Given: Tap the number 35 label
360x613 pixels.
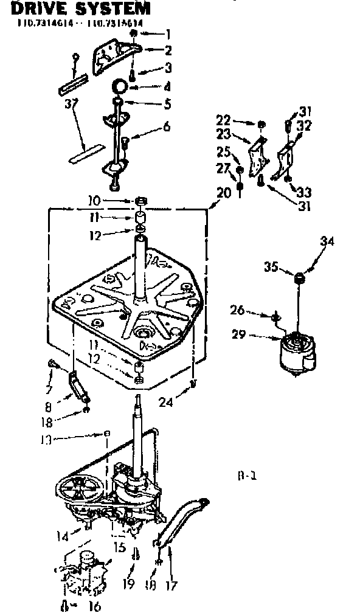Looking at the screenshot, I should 271,266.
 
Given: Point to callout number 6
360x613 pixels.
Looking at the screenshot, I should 166,127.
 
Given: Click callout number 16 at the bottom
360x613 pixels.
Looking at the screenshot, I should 95,605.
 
